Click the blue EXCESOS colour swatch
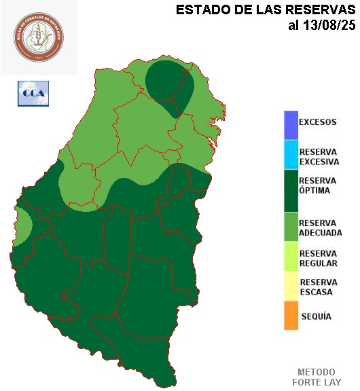(x=291, y=124)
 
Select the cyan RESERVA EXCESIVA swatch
(x=291, y=154)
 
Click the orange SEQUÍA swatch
(x=291, y=316)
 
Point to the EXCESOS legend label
(x=317, y=122)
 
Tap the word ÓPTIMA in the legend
(x=314, y=191)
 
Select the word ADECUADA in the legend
(x=320, y=233)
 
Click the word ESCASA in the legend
(x=316, y=292)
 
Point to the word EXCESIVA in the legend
(x=319, y=162)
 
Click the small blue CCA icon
(x=33, y=93)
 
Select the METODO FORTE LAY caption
(x=317, y=377)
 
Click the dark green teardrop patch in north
(x=169, y=81)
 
